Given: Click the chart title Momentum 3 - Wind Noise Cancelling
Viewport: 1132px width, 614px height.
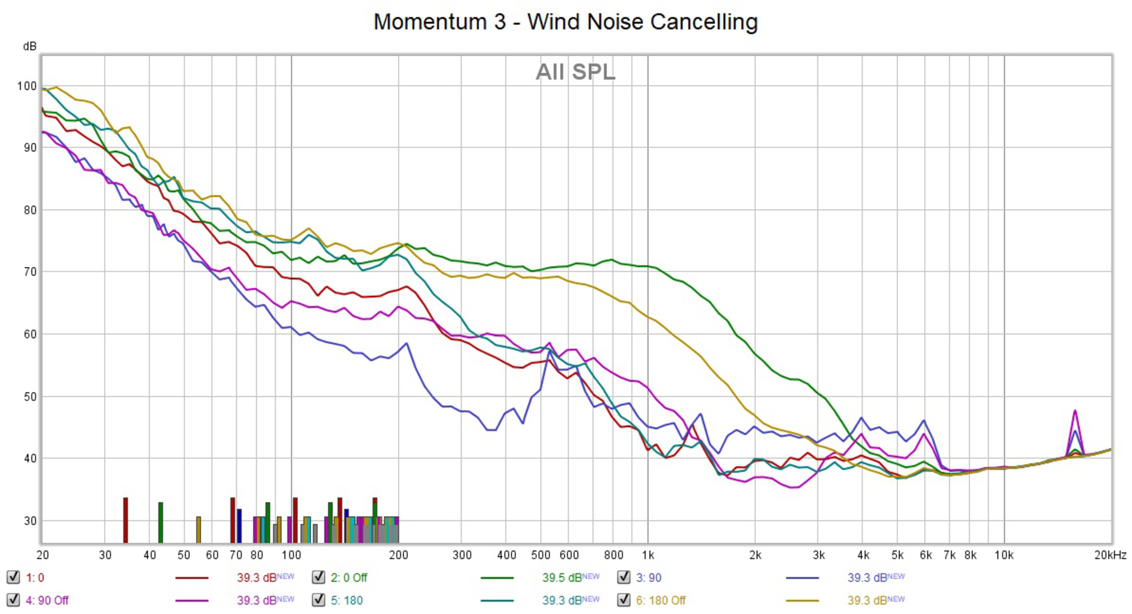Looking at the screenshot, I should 566,22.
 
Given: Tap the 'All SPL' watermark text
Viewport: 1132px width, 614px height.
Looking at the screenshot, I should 575,72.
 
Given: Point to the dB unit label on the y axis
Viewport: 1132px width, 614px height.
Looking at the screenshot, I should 29,46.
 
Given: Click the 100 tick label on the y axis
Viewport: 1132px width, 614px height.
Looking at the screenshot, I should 26,86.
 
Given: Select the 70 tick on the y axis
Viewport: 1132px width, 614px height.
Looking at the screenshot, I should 30,272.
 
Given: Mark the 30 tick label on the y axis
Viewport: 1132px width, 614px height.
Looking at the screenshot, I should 30,521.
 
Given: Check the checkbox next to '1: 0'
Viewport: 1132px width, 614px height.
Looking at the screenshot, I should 13,577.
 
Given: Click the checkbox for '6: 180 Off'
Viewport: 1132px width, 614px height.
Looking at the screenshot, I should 623,600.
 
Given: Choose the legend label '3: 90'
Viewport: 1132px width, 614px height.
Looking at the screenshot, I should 648,577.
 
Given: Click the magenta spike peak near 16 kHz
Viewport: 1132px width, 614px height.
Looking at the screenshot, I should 1075,411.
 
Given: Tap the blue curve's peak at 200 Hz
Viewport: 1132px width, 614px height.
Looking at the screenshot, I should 407,344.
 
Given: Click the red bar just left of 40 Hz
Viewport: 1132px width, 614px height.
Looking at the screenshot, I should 126,520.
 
